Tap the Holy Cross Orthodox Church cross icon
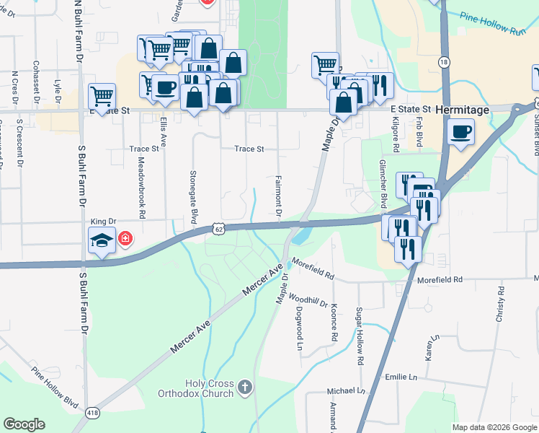pos(245,388)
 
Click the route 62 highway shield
pos(219,229)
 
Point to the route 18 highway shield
pos(444,63)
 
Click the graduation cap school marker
pos(102,240)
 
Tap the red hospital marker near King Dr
pos(125,238)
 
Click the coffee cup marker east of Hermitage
pos(460,132)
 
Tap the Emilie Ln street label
pos(401,377)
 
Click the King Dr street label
pos(103,222)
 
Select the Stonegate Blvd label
pos(192,198)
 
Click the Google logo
pos(24,424)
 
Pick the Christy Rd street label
pos(499,308)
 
